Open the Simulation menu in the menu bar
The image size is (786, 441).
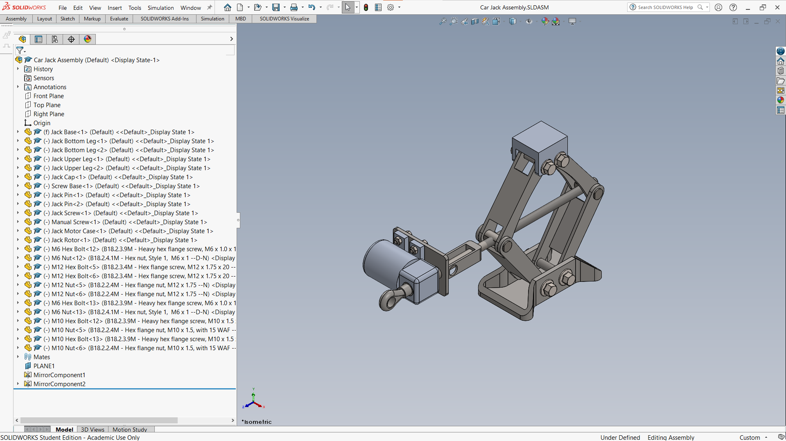pos(160,8)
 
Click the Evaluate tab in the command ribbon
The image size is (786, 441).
pos(119,19)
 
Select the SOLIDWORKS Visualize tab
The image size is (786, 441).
pos(285,19)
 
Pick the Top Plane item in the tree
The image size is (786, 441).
pos(47,105)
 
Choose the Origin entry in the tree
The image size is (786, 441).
pos(42,123)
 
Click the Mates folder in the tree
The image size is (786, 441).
pos(42,357)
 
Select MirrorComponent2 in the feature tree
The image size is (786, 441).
pos(59,384)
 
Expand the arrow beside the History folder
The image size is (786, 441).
pos(18,69)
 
